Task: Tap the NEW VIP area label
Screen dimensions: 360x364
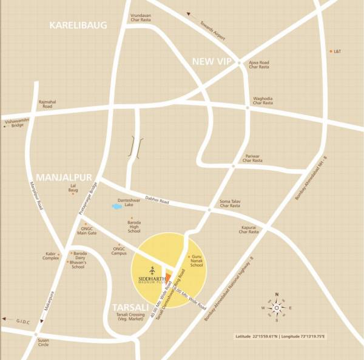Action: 212,61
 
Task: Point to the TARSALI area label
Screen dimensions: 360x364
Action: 126,307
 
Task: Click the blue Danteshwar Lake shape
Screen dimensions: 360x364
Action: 116,207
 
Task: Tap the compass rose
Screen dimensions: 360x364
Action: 277,308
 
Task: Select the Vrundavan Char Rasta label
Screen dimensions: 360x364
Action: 140,18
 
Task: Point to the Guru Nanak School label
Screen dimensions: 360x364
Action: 197,261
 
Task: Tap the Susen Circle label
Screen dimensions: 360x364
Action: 43,342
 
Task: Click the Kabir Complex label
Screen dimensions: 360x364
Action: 51,256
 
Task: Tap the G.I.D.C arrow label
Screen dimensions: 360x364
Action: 20,321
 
